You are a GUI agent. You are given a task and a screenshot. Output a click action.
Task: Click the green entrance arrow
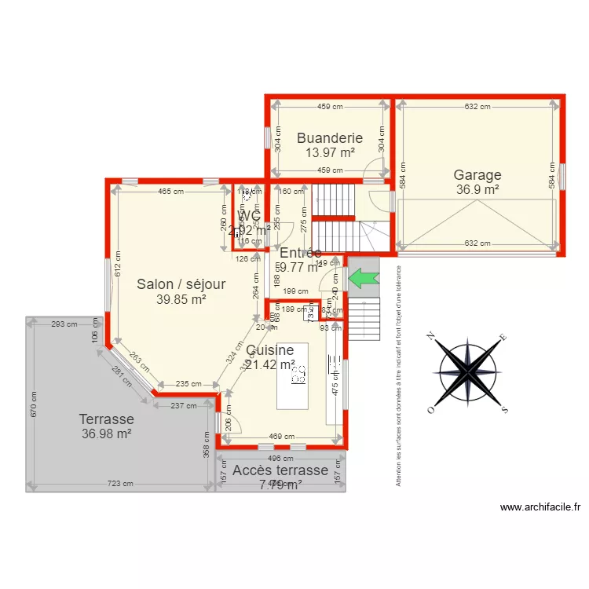pos(363,277)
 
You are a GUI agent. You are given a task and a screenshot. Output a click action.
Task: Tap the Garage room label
pos(477,175)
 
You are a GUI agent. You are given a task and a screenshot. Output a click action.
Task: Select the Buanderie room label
pos(330,138)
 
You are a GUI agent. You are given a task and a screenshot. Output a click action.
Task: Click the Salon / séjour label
pos(181,284)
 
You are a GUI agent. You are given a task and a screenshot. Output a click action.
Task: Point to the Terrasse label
pos(106,419)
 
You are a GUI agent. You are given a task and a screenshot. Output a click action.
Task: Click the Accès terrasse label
pos(275,470)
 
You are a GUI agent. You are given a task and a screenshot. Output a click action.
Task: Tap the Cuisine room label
pos(269,350)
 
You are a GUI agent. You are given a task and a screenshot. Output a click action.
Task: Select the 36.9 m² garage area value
pos(477,189)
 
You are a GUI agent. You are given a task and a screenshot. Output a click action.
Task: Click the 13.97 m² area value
pos(330,153)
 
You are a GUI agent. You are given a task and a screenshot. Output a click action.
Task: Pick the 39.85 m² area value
pos(181,299)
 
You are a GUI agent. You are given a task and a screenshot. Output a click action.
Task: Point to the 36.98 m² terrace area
pos(106,434)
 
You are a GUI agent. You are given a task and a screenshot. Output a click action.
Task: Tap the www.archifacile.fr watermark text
pos(540,508)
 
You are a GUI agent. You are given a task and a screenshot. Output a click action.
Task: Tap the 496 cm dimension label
pos(280,459)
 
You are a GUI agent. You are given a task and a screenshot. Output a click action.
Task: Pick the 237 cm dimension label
pos(184,406)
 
